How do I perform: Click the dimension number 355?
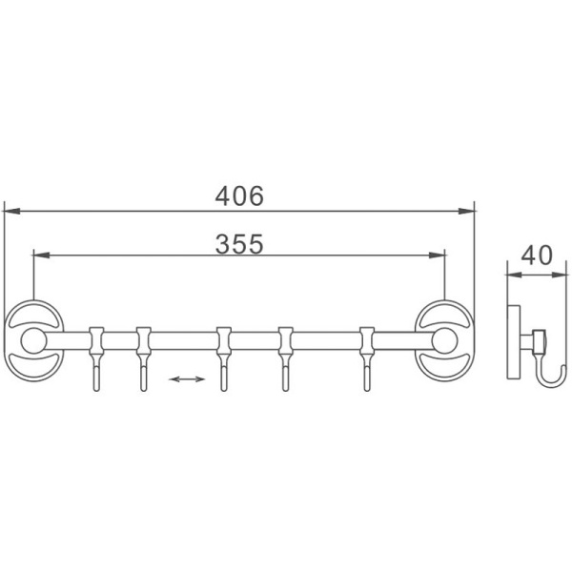[x=238, y=243]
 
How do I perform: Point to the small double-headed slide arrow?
[x=186, y=379]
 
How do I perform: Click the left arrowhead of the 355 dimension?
[x=39, y=255]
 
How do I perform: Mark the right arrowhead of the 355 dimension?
[x=439, y=255]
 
